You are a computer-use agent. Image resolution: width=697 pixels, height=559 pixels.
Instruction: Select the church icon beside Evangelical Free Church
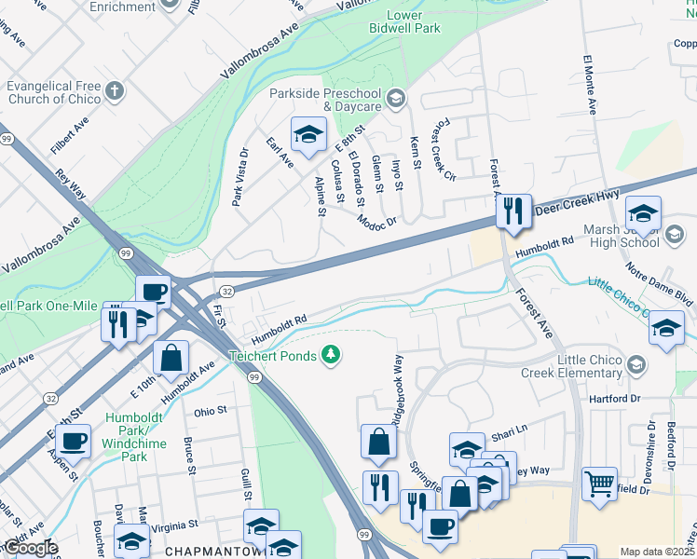(115, 91)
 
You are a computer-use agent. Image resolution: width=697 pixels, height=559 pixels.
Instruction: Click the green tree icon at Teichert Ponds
(329, 355)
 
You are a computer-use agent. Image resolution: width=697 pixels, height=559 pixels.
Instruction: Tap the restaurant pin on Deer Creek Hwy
(512, 212)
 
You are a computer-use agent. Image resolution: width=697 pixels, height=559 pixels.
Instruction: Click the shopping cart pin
(599, 484)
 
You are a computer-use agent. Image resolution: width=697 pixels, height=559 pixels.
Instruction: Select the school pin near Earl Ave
(307, 136)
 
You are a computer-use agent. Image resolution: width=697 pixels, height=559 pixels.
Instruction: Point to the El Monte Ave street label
(589, 85)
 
